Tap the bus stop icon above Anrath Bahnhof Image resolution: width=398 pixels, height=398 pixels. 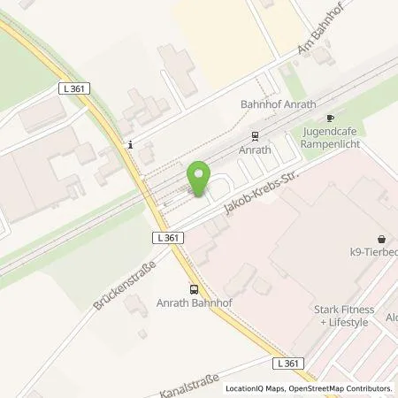click(194, 289)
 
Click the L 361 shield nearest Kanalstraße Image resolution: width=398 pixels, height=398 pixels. click(284, 364)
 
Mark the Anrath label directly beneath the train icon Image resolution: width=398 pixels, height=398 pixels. click(255, 150)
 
